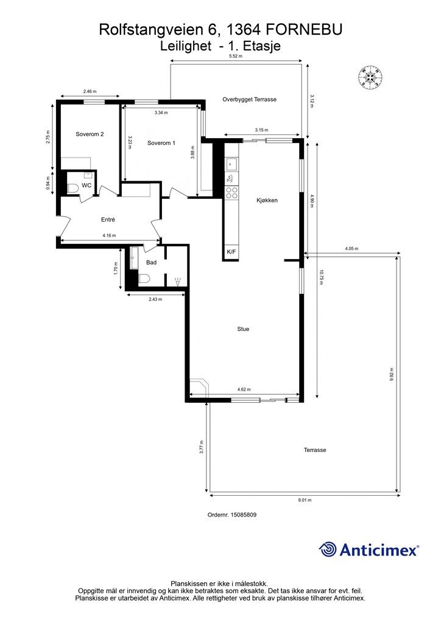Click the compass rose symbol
pos(370,77)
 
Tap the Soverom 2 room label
pos(90,134)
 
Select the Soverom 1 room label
pos(161,143)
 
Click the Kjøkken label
pos(267,200)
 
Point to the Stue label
pos(243,329)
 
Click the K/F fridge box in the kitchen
pos(231,252)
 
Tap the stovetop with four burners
pos(232,193)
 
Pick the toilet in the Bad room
pos(144,279)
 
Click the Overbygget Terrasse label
pos(249,99)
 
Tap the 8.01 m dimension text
pos(305,500)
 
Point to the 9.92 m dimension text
pos(392,375)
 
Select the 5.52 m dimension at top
pos(235,56)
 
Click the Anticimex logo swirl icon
pos(328,549)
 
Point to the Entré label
pos(108,219)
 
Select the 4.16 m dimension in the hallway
pos(109,235)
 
